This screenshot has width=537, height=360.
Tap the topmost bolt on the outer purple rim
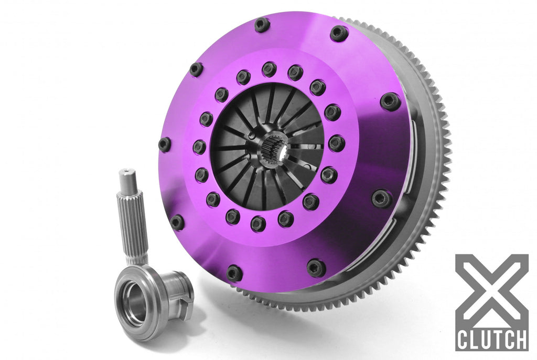click(x=262, y=24)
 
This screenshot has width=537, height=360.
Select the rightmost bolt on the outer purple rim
click(x=391, y=101)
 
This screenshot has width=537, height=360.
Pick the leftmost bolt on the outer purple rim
click(x=165, y=144)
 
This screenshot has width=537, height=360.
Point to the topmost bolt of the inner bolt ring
click(x=269, y=69)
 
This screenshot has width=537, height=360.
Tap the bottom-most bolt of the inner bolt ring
click(x=258, y=223)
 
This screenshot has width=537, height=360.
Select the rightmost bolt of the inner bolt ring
click(x=336, y=143)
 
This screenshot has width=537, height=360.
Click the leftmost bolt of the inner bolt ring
click(x=200, y=147)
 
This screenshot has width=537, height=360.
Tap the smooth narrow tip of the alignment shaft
click(x=127, y=181)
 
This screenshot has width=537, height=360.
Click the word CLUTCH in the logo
click(x=491, y=339)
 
